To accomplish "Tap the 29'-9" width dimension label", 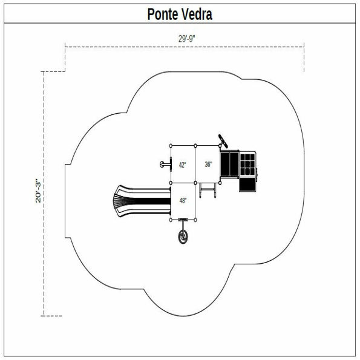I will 186,39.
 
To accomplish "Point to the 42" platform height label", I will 182,165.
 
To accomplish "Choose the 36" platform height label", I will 208,165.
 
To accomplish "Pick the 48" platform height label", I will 183,200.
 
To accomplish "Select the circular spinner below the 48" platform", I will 183,236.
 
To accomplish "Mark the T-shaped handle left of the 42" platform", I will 163,164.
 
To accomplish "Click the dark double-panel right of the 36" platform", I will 229,163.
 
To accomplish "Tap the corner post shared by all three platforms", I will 195,182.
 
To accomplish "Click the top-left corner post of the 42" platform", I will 171,146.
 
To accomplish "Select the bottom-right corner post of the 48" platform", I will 195,219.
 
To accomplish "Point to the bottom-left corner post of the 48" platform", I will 171,219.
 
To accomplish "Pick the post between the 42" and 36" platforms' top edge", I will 195,146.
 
